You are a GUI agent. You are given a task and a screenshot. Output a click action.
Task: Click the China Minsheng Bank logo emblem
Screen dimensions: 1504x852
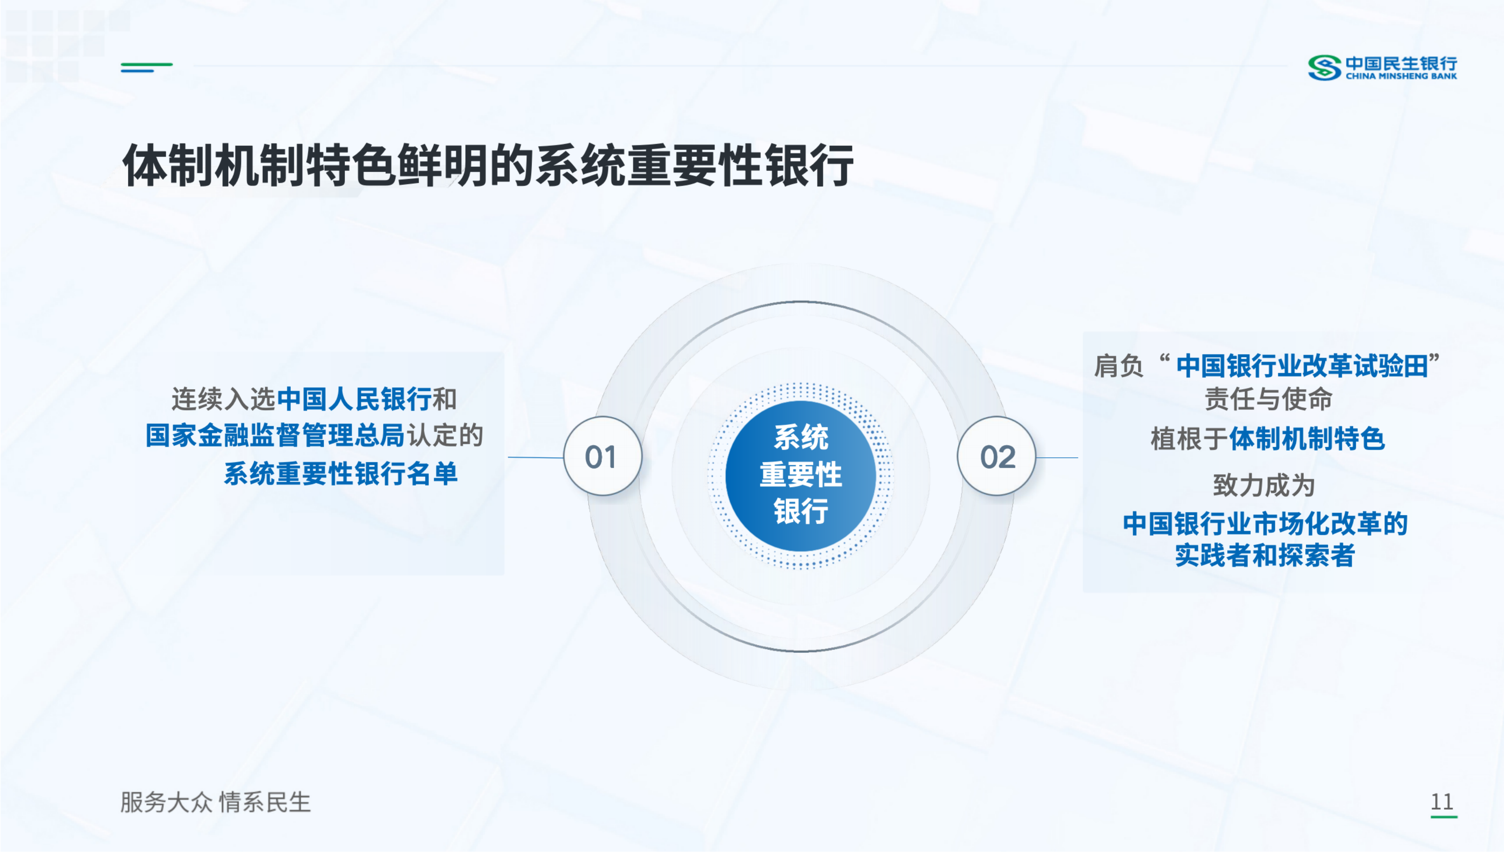[x=1324, y=67]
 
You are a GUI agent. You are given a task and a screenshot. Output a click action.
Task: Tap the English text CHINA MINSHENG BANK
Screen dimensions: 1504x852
[x=1401, y=76]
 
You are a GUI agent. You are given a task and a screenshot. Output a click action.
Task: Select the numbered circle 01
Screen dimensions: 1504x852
[x=603, y=457]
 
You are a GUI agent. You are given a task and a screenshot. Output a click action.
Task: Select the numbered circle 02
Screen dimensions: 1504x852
[x=997, y=457]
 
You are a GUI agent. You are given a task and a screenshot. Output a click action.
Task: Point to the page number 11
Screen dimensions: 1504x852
[x=1442, y=802]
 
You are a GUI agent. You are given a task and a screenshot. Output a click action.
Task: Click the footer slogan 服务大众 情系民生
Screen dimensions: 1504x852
[x=215, y=802]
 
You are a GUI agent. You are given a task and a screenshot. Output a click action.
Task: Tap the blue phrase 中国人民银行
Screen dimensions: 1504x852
[x=354, y=399]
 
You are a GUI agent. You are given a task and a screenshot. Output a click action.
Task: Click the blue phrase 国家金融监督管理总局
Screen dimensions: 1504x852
[x=275, y=435]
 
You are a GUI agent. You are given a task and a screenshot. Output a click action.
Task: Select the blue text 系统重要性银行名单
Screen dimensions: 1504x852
[x=340, y=473]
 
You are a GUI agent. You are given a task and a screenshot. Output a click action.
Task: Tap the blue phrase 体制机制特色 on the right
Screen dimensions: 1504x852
[x=1307, y=439]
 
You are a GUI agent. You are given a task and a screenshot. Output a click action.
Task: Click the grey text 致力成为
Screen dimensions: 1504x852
[x=1264, y=486]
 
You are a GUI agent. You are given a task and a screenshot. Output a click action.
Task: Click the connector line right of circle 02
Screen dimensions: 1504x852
[x=1057, y=457]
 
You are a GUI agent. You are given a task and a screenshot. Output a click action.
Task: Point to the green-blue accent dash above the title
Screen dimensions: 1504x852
[x=146, y=67]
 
